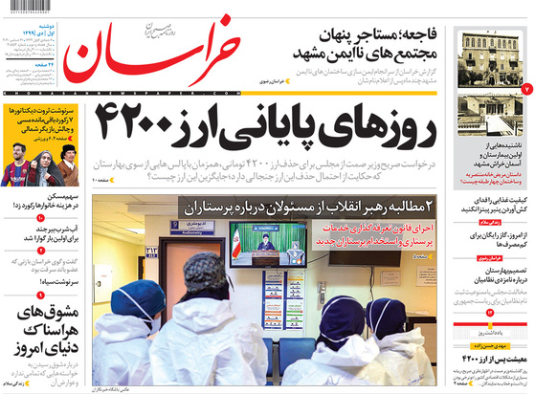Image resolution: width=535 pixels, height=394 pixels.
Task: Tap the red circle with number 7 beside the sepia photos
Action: click(x=525, y=89)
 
